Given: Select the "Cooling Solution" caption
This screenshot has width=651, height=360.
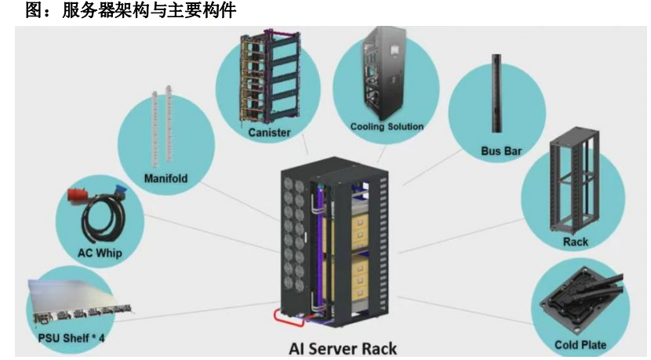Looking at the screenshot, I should coord(387,126).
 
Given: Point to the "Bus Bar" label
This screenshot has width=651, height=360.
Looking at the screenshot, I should coord(500,150).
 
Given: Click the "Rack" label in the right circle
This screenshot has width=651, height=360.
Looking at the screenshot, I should coord(575,242).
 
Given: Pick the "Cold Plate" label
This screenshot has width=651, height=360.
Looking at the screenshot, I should coord(580,344).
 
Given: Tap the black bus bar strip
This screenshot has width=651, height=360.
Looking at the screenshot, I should coord(497,94).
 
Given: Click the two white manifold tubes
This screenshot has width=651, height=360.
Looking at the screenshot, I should coord(161,125).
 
